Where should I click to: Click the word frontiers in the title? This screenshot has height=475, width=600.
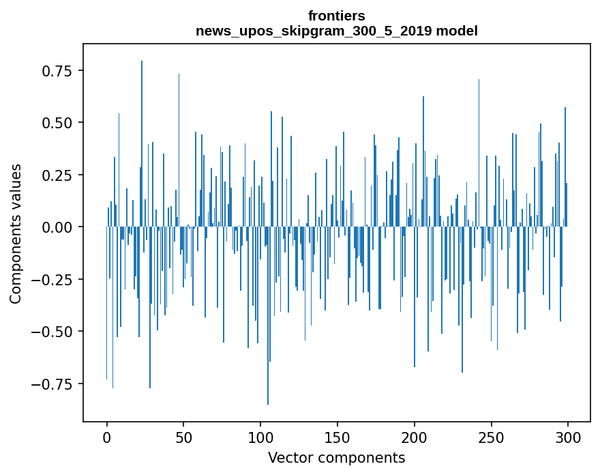pyautogui.click(x=336, y=16)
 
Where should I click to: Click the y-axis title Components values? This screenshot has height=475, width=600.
pyautogui.click(x=16, y=233)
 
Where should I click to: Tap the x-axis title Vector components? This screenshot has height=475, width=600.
pyautogui.click(x=336, y=457)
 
